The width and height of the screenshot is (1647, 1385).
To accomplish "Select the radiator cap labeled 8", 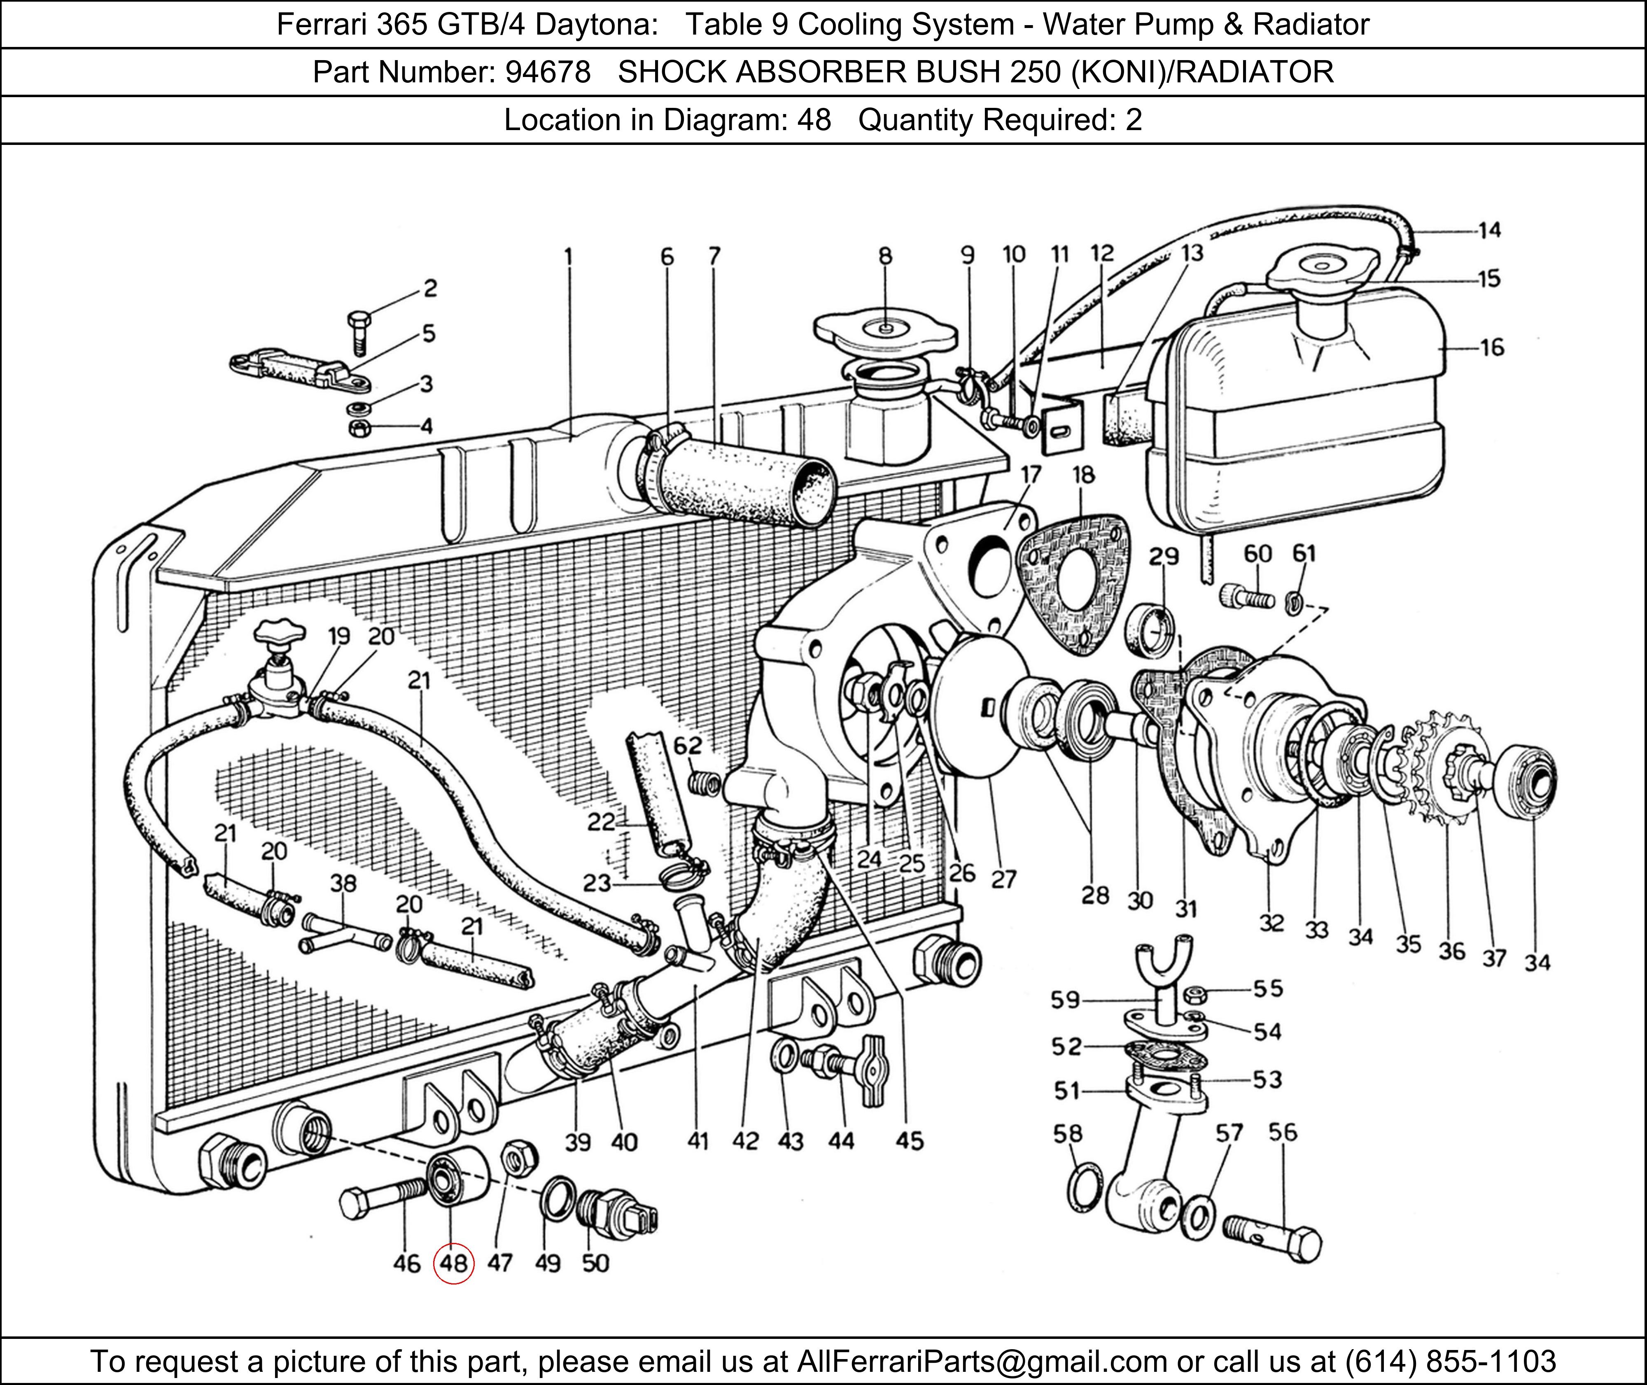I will (x=885, y=332).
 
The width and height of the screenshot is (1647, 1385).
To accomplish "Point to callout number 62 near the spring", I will (x=688, y=745).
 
